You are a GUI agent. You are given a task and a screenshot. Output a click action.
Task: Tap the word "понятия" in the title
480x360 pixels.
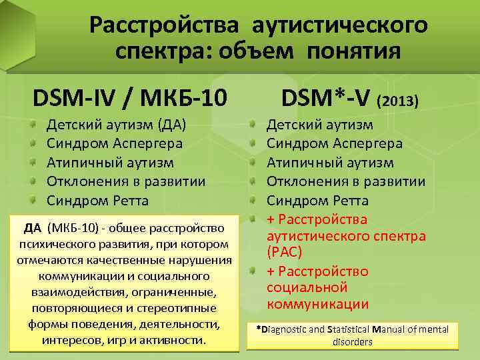pos(355,51)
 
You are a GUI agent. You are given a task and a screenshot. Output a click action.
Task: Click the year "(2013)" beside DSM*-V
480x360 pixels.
pos(398,102)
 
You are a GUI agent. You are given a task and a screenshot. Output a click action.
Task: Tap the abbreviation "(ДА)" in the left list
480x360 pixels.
pos(171,124)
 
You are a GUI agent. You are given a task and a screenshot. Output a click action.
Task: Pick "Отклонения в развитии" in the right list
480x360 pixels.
pos(346,181)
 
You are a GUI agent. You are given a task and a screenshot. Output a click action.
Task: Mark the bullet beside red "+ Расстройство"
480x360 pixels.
pos(253,271)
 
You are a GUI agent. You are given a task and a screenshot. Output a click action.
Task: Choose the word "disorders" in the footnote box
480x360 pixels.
pos(353,341)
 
